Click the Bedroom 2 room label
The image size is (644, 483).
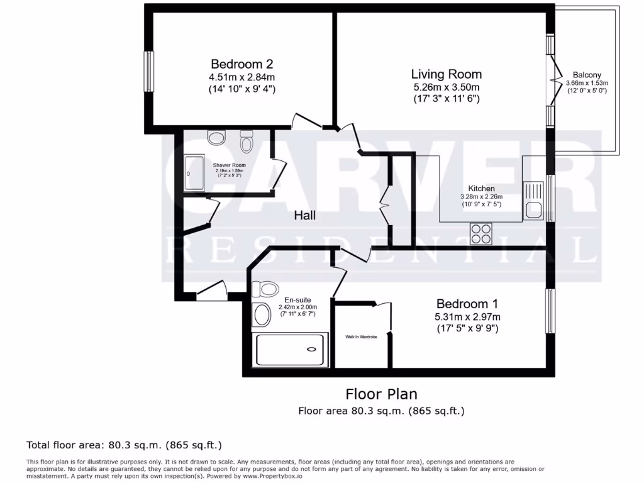tap(241, 64)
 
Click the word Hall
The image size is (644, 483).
tap(305, 216)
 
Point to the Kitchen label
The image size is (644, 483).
tap(481, 189)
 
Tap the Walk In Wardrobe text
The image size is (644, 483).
tap(361, 337)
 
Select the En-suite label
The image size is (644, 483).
tap(297, 300)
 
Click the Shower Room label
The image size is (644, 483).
tap(229, 165)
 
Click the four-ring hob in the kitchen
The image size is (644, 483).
tap(481, 234)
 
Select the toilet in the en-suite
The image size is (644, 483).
tap(265, 289)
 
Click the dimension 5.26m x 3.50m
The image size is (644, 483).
tap(447, 87)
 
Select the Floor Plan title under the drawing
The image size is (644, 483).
tap(381, 394)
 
